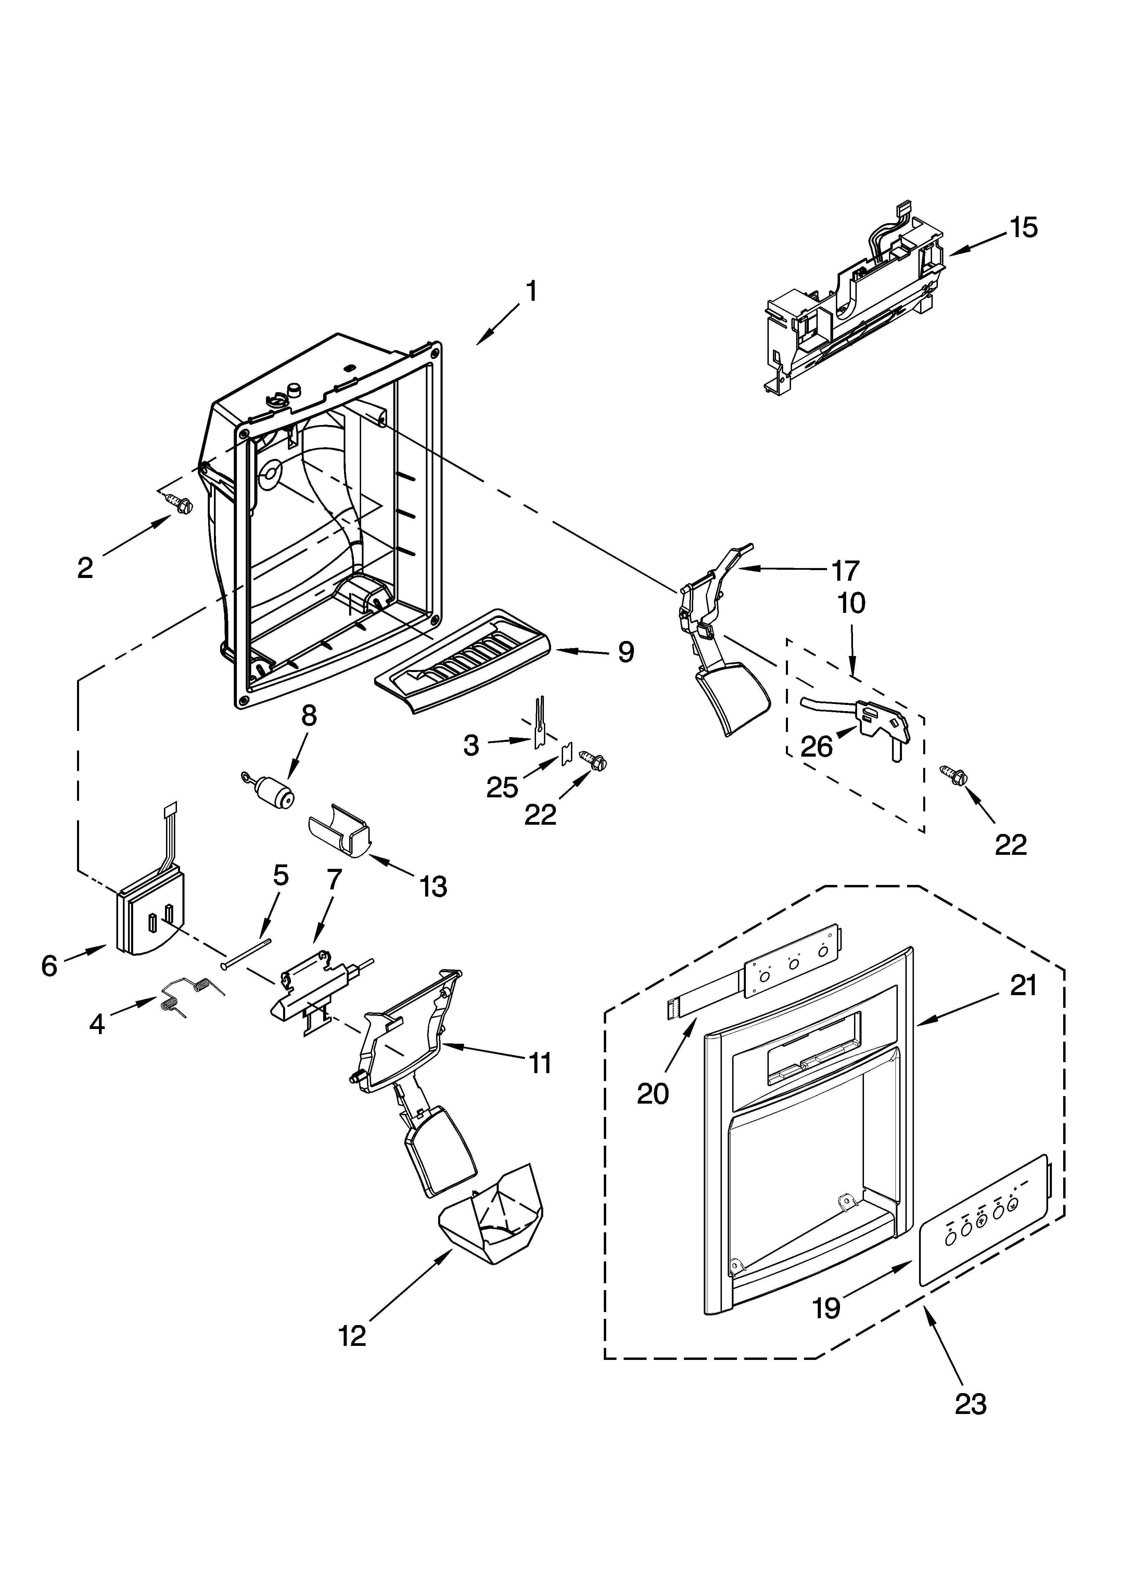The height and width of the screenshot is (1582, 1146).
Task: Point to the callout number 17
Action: pos(845,570)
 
